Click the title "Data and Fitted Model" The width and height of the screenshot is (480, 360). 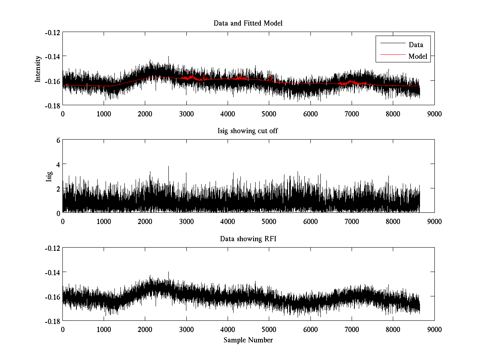(x=248, y=23)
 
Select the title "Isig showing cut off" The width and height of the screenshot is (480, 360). (x=248, y=131)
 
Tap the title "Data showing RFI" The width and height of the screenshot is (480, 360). (x=248, y=239)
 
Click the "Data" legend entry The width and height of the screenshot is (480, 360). (x=416, y=45)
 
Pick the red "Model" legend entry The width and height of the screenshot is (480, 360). (x=418, y=56)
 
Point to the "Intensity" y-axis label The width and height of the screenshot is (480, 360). (x=38, y=68)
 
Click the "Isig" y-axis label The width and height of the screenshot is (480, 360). (x=49, y=176)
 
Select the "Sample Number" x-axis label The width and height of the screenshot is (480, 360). (x=248, y=340)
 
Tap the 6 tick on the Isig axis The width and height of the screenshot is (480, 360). (x=58, y=140)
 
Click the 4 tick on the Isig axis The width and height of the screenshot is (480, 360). (x=58, y=164)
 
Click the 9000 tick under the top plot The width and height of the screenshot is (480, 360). (x=434, y=114)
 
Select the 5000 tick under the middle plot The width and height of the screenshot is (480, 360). (x=269, y=221)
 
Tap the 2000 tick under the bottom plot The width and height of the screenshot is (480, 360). (x=145, y=329)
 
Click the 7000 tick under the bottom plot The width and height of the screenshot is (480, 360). (x=352, y=329)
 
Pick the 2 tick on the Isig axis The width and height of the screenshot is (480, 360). (x=58, y=188)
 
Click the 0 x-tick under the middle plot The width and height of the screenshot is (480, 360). (x=63, y=221)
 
